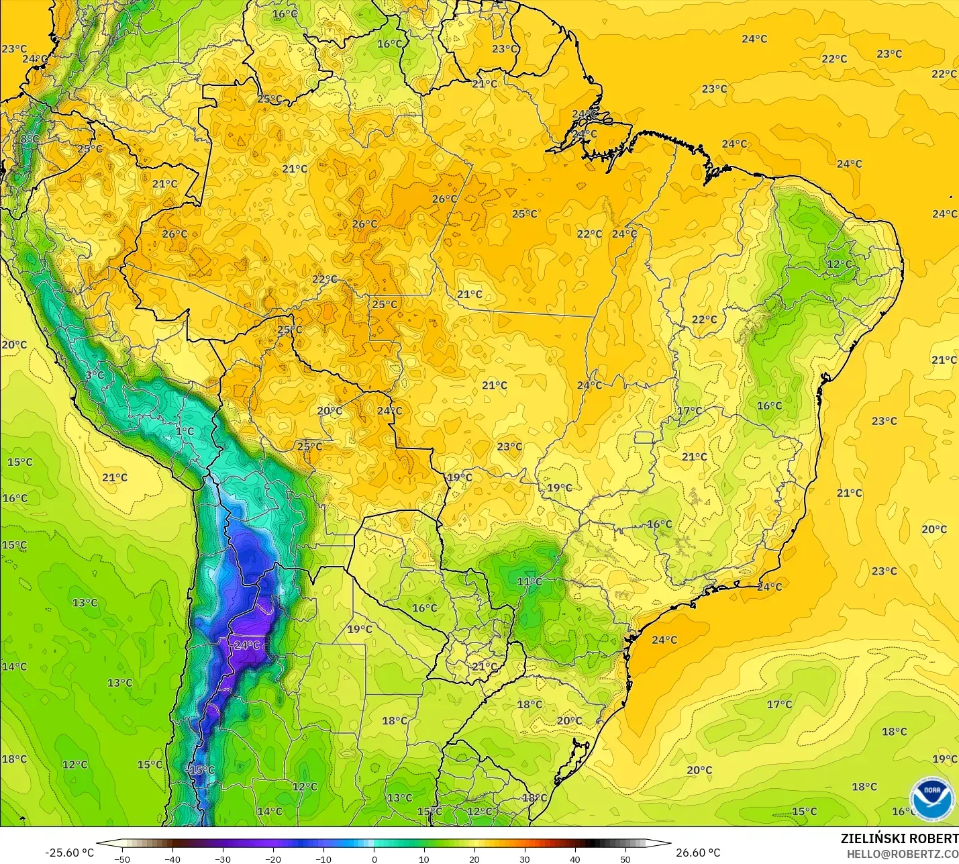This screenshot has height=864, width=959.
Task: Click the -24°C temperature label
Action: tap(246, 645)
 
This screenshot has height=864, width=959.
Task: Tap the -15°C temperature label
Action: tap(201, 770)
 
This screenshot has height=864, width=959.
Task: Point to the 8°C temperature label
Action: tap(29, 139)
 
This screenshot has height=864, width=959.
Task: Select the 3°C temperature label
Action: tap(95, 375)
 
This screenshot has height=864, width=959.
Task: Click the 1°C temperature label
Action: tap(185, 431)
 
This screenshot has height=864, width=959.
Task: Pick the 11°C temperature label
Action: tap(529, 581)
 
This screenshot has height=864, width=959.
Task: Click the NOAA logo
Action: tap(931, 798)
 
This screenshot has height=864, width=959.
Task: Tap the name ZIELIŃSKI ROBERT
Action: tap(899, 838)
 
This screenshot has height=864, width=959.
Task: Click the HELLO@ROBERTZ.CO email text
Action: tap(902, 854)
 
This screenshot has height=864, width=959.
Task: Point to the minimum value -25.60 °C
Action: tap(69, 853)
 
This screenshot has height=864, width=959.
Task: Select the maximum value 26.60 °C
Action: tap(698, 853)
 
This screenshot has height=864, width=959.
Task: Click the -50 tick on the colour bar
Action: tap(122, 859)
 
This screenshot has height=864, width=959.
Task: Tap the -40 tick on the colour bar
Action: tap(172, 859)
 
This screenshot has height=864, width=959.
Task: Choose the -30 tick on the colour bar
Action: tap(223, 859)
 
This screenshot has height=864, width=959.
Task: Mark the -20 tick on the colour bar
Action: tap(273, 859)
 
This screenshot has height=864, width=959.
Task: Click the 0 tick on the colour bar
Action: tap(374, 859)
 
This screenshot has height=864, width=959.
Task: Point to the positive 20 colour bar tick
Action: tap(474, 859)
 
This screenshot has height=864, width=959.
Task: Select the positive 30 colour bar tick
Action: tap(525, 859)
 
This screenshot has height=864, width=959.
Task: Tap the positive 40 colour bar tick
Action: tap(575, 859)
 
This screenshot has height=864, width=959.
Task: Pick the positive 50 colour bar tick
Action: tap(625, 859)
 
